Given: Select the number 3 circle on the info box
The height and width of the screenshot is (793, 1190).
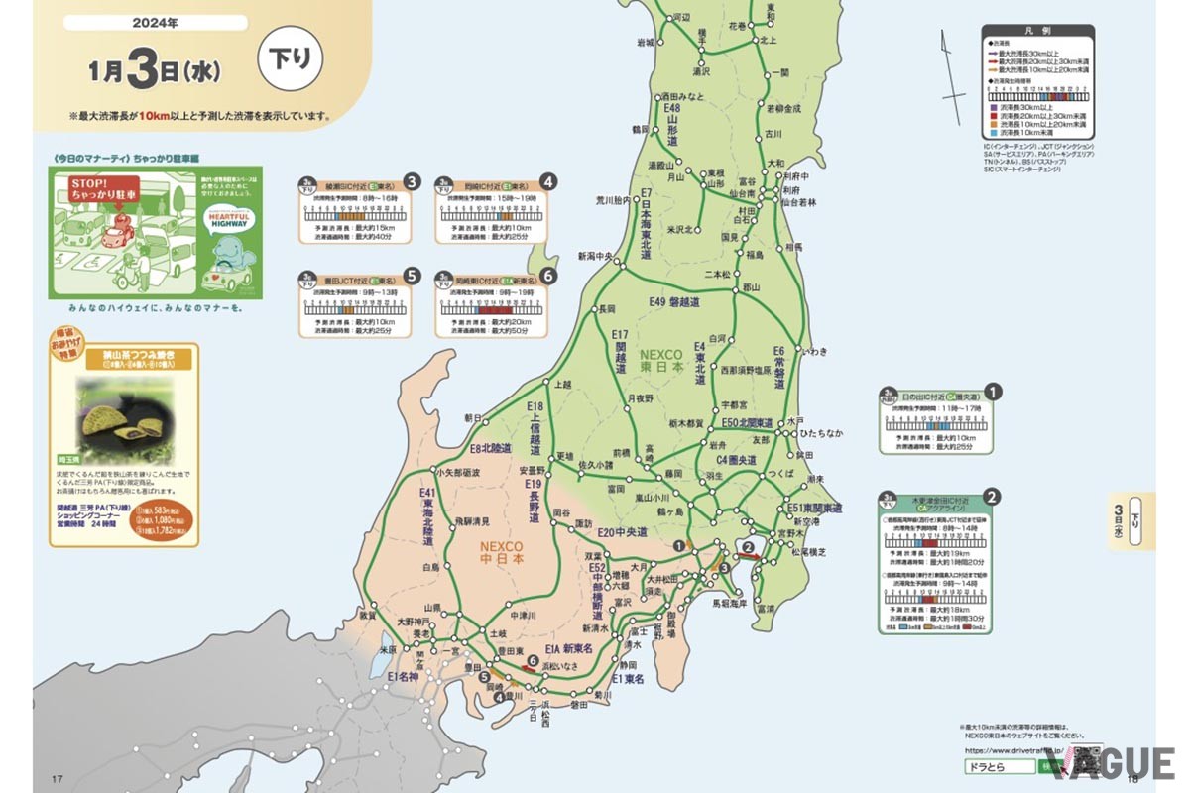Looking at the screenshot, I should (x=412, y=182).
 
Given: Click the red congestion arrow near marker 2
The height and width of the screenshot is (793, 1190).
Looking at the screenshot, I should (x=753, y=557).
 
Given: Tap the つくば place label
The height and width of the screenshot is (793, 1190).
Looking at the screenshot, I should (x=780, y=474).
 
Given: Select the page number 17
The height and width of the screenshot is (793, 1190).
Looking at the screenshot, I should (x=57, y=779).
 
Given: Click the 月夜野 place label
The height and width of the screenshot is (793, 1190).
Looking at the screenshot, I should (x=639, y=398).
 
